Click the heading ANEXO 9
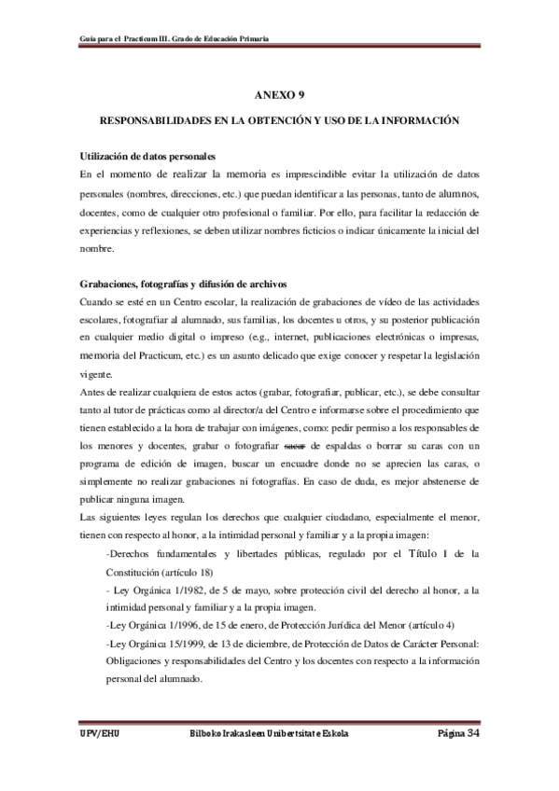280,95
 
